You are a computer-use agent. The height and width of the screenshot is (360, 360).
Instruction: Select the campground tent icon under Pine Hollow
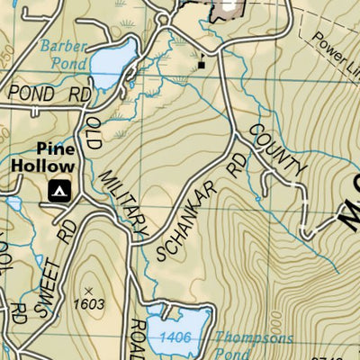[59, 190]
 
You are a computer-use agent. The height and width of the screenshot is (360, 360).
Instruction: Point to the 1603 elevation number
[88, 304]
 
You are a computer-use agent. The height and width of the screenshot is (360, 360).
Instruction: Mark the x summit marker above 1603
[88, 289]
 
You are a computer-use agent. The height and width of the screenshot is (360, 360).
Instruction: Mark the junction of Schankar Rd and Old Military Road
[137, 241]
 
